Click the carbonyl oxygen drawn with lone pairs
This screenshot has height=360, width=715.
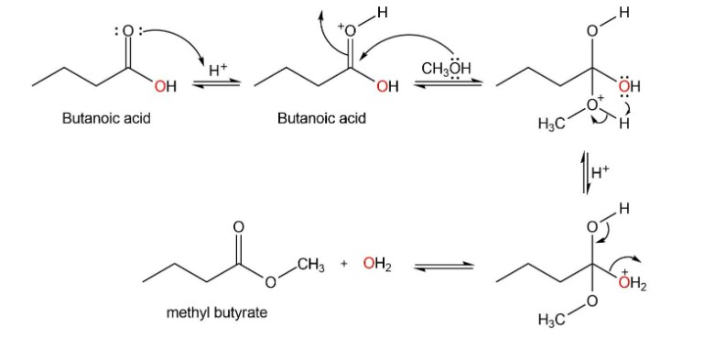pos(128,31)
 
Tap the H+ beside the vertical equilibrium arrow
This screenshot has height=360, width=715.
pos(600,172)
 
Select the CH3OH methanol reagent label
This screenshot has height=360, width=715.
pos(446,69)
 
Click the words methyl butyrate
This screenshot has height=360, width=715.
pos(217,313)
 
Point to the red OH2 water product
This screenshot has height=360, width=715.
pos(377,264)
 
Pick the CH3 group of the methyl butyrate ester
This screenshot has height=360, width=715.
pos(312,264)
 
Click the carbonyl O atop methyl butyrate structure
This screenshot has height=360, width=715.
pos(238,226)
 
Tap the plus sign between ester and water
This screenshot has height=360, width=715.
pos(344,263)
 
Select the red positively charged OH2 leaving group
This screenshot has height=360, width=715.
pos(633,283)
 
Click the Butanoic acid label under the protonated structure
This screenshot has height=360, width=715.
pos(322,119)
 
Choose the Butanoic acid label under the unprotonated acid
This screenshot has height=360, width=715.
pos(106,119)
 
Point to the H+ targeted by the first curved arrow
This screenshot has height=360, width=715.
pos(218,71)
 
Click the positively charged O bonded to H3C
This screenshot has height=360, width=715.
pos(593,104)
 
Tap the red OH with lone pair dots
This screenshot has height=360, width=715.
pos(630,86)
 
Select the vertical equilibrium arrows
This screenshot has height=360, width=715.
pos(586,173)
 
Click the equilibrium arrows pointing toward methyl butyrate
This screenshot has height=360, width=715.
pos(444,267)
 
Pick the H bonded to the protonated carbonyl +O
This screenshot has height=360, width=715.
pos(382,12)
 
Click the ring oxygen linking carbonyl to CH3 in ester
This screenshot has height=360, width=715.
pos(270,283)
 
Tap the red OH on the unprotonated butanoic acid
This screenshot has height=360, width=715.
pos(166,86)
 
